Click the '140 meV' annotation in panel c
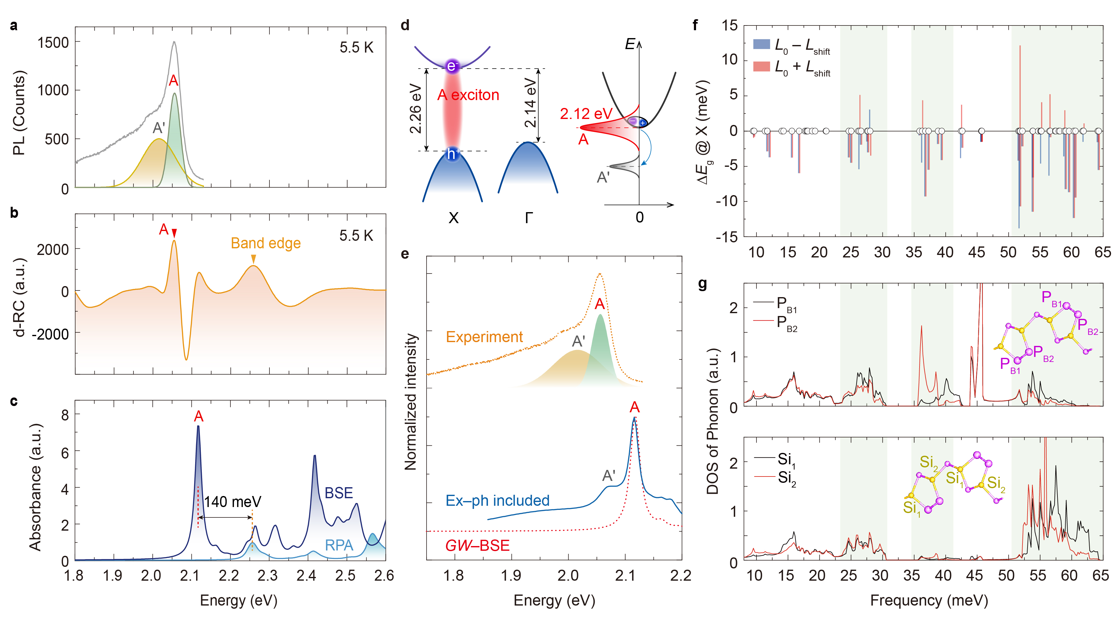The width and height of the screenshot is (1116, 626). pyautogui.click(x=233, y=502)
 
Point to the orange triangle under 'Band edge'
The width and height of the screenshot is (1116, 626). pyautogui.click(x=253, y=259)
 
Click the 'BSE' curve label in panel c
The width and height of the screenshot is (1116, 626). pyautogui.click(x=339, y=493)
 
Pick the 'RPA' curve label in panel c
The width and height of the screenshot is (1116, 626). pyautogui.click(x=339, y=545)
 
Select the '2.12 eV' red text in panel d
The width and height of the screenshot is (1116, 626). pyautogui.click(x=586, y=114)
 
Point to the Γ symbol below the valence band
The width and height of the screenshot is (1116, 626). pyautogui.click(x=528, y=217)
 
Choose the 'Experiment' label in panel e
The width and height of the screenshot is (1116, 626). pyautogui.click(x=484, y=337)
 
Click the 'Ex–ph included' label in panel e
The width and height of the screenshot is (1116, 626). pyautogui.click(x=497, y=500)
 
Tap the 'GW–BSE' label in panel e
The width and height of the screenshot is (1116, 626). pyautogui.click(x=478, y=545)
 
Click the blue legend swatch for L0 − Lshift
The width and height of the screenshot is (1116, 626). pyautogui.click(x=761, y=44)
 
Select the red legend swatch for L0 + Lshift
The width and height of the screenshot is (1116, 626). pyautogui.click(x=761, y=66)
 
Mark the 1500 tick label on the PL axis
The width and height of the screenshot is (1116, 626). pyautogui.click(x=53, y=42)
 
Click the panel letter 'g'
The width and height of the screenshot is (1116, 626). pyautogui.click(x=702, y=284)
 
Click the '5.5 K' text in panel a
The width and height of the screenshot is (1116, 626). pyautogui.click(x=356, y=47)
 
